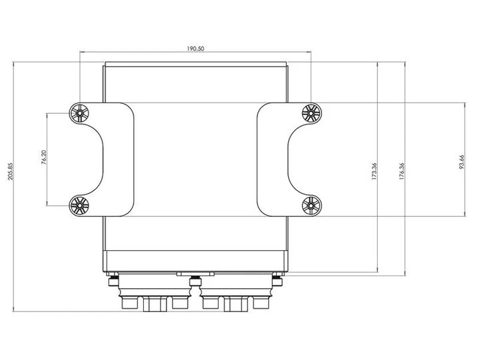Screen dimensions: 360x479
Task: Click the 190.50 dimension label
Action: pyautogui.click(x=195, y=49)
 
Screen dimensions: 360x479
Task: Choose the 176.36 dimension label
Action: pyautogui.click(x=401, y=171)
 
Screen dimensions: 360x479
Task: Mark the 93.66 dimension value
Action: pyautogui.click(x=461, y=162)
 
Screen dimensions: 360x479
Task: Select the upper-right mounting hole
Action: pyautogui.click(x=310, y=114)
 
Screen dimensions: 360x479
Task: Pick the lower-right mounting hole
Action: pyautogui.click(x=310, y=206)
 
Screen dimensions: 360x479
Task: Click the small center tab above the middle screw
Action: pyautogui.click(x=195, y=273)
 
